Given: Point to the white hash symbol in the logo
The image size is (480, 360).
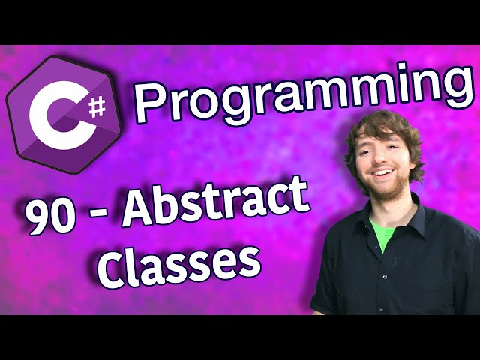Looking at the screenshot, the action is pyautogui.click(x=97, y=106).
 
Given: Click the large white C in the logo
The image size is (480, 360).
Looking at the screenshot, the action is pyautogui.click(x=53, y=115).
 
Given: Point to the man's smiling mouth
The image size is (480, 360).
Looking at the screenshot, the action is pyautogui.click(x=381, y=173).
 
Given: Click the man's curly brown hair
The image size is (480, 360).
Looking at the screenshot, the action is pyautogui.click(x=384, y=132).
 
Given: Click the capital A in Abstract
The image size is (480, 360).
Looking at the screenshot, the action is pyautogui.click(x=140, y=207).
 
